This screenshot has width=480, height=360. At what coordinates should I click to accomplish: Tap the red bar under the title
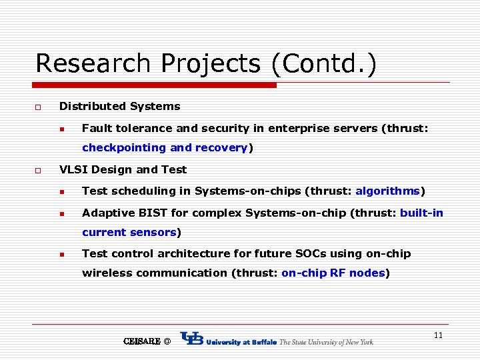point(156,85)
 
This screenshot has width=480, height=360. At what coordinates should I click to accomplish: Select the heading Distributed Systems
point(119,106)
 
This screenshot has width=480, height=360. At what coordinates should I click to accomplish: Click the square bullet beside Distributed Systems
point(38,107)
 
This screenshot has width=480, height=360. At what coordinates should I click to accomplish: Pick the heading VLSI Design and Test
point(123,169)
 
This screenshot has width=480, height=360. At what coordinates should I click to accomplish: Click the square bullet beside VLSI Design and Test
point(38,170)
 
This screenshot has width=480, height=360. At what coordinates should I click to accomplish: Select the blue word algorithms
point(387,191)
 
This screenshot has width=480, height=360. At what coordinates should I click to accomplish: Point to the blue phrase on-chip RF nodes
point(333,273)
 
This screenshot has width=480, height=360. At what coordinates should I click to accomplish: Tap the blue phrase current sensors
point(129,232)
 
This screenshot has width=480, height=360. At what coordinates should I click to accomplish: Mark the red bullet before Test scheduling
point(61,191)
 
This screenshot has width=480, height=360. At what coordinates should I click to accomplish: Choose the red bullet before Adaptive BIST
point(61,213)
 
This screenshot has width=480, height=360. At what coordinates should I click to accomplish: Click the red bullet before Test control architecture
point(61,254)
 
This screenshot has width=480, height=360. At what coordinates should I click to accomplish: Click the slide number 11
point(438,335)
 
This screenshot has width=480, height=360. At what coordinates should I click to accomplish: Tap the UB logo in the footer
point(192,339)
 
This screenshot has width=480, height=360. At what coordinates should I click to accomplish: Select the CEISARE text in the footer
point(142,341)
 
